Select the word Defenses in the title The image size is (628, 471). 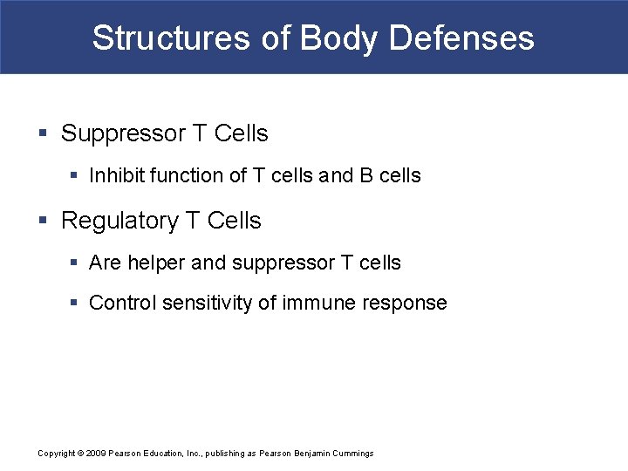point(461,38)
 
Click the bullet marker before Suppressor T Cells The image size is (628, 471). point(43,134)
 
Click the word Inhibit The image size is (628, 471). point(116,176)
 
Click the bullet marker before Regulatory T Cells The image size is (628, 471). point(43,222)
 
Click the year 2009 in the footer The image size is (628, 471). point(95,454)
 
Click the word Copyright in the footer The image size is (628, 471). point(57,454)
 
